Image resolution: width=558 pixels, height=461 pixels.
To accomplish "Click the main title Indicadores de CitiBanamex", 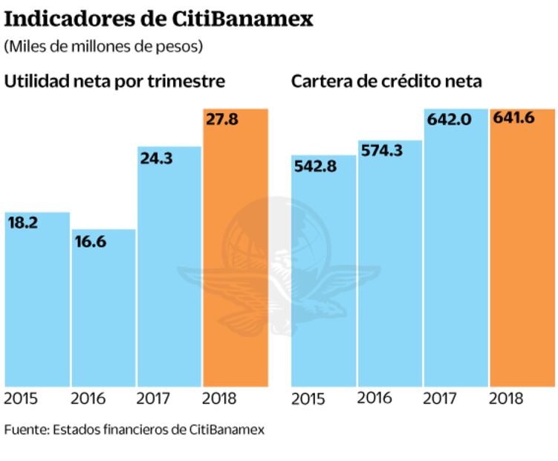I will click(x=158, y=19).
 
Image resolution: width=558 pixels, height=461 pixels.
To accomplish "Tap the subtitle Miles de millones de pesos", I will click(x=104, y=46).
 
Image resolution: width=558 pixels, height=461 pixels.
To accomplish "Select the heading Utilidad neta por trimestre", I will click(x=115, y=81).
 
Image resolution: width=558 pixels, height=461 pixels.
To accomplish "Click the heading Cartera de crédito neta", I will click(x=386, y=81).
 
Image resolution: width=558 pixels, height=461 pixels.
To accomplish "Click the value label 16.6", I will click(x=89, y=239).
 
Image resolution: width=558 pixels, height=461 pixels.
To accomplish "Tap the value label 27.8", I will click(x=221, y=119).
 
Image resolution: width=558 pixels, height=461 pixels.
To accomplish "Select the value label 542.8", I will click(x=316, y=166).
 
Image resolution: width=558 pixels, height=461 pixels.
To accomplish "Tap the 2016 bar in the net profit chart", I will click(x=103, y=312).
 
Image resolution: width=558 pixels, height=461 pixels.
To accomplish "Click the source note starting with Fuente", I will click(x=134, y=430).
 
